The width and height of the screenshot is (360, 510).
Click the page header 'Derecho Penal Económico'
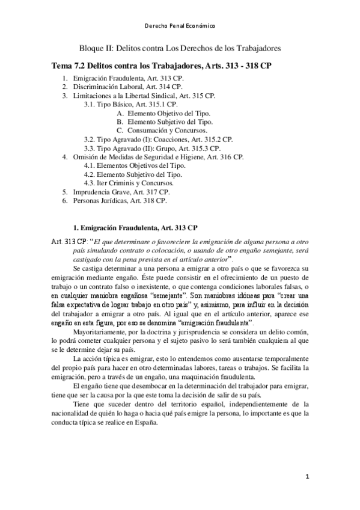tap(180, 26)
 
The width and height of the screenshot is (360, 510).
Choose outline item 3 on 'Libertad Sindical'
tap(143, 96)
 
